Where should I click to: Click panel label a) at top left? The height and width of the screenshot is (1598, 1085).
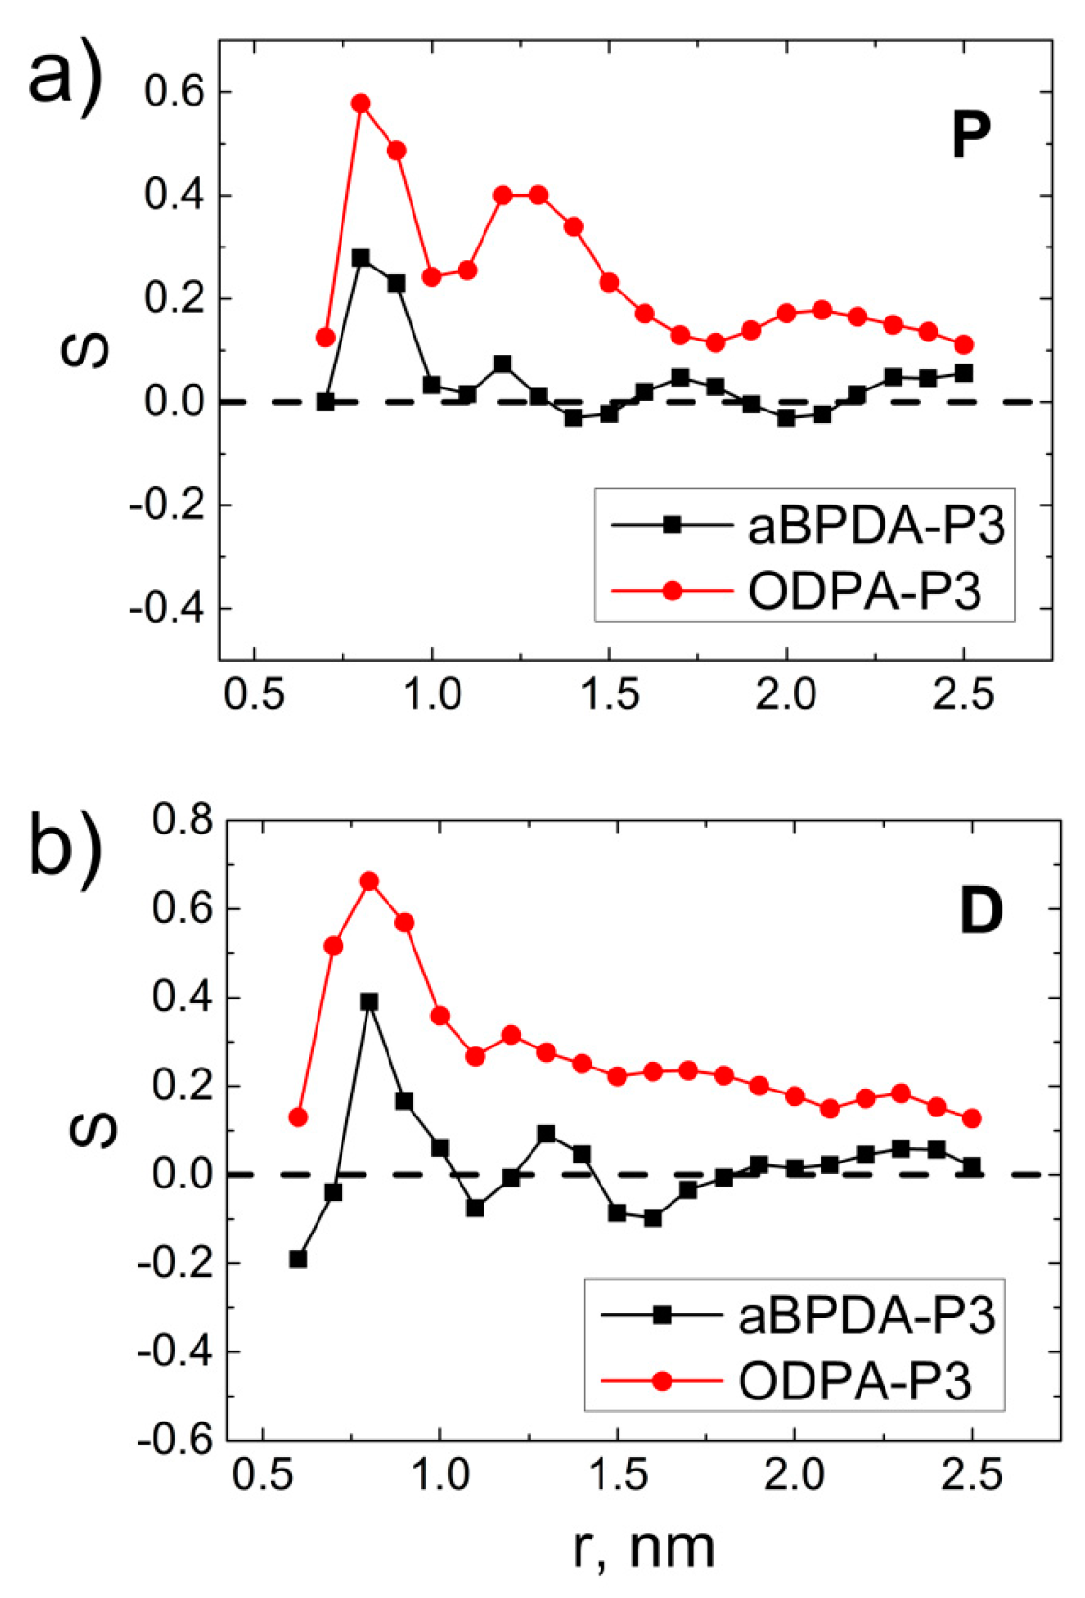coord(63,77)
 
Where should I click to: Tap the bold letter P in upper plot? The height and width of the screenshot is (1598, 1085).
coord(970,136)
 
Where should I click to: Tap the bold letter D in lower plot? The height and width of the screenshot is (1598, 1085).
coord(980,911)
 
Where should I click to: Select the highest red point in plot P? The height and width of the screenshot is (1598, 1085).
coord(361,104)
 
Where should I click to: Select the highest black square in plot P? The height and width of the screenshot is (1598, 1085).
coord(361,258)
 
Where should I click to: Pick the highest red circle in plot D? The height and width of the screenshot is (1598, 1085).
coord(369,881)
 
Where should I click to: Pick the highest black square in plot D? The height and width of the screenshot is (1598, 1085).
coord(369,1001)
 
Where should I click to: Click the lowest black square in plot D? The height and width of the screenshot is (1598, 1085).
coord(298,1258)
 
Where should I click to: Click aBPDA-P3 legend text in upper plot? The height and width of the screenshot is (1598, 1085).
coord(876,527)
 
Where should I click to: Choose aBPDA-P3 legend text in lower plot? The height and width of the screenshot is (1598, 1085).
coord(866,1315)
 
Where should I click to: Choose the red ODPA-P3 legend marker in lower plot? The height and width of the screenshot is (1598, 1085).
coord(661,1381)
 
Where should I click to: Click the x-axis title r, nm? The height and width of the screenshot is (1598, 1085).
coord(644,1547)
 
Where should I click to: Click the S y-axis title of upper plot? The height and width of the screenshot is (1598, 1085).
coord(84,351)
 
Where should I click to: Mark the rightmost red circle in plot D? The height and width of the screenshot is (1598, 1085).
coord(972,1118)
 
